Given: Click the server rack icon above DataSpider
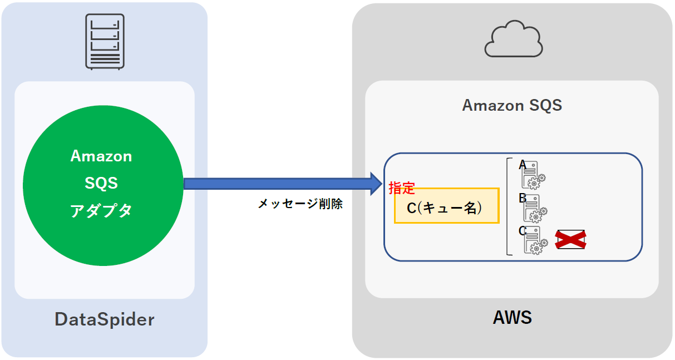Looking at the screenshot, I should pos(105,41).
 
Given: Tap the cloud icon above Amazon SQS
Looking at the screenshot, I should pos(514,40).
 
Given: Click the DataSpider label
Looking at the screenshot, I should pos(104,319).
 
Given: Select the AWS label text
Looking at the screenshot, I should pos(512,318).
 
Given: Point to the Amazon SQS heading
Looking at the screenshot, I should pos(512,105).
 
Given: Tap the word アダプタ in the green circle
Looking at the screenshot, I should pos(101,211).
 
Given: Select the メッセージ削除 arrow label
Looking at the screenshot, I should pos(300,204).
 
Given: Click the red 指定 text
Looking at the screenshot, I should pos(402,188).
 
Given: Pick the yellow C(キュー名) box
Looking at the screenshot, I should pos(446,206).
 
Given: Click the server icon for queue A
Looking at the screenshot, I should pos(533,175).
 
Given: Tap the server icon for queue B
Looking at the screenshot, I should pos(534,208).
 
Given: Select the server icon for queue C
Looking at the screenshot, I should pos(534,240).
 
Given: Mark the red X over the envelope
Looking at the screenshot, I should pos(571,240).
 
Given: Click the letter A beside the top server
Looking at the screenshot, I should pos(523,165).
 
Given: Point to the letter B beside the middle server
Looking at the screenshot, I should pos(523,198).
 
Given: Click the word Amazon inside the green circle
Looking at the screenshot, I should pos(101,156).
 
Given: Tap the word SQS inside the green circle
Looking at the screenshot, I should pos(101,183).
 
